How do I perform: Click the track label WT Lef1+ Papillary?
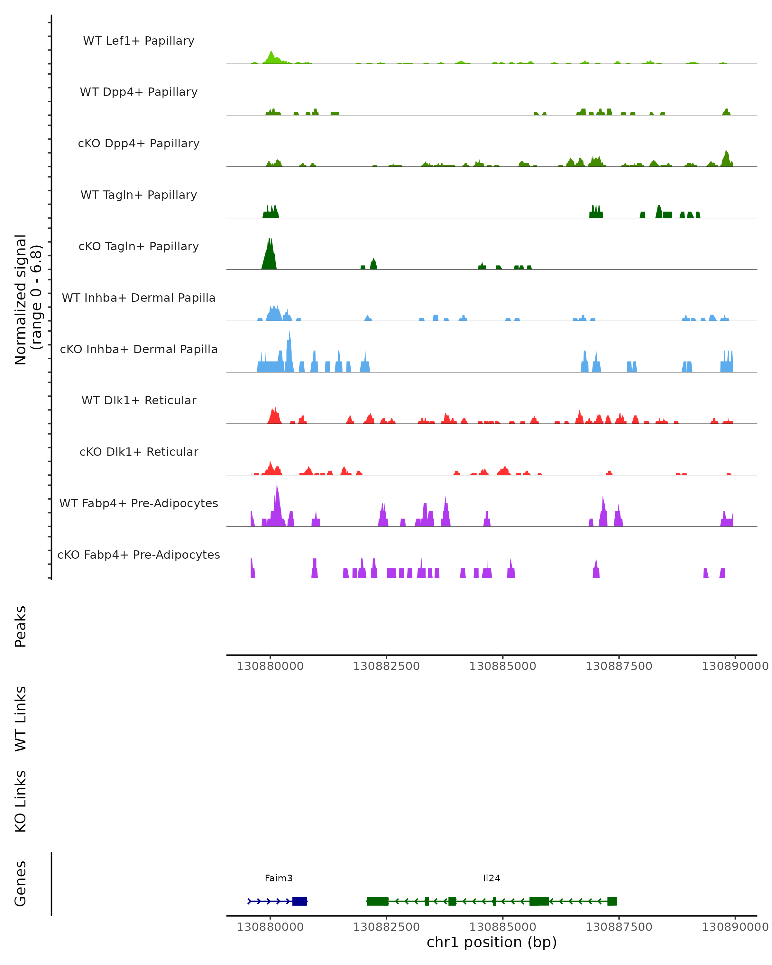point(139,41)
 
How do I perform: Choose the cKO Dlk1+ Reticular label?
point(139,452)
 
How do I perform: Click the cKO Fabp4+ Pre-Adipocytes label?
point(139,555)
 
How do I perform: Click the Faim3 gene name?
point(278,878)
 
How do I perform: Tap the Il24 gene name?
point(492,878)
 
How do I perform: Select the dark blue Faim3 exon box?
point(299,901)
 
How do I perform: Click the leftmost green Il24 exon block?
point(377,901)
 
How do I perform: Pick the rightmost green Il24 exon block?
point(612,901)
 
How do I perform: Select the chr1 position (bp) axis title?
point(492,942)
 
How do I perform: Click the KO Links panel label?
point(21,801)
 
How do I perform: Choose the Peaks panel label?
point(21,626)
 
